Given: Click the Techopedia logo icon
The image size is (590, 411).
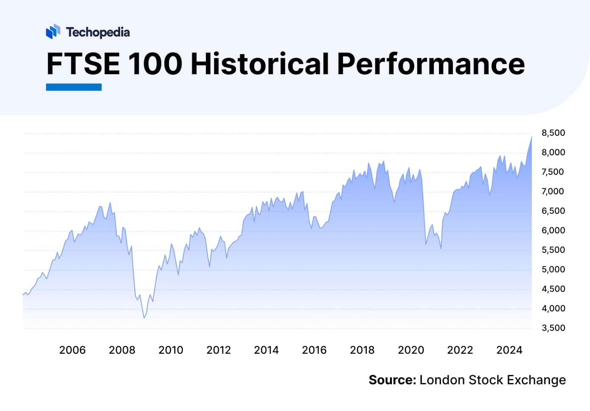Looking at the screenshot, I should (53, 32).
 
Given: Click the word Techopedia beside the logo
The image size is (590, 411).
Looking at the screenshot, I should (98, 32).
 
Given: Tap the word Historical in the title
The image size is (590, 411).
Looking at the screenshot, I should (260, 64).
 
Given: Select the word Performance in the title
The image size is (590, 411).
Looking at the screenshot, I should (431, 64).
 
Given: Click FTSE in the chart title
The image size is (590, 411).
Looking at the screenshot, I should (83, 64).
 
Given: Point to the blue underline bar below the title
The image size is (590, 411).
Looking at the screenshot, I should (74, 87).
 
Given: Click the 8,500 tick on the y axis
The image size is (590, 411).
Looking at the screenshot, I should (553, 133).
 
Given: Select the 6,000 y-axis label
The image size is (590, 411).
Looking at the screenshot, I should (553, 230).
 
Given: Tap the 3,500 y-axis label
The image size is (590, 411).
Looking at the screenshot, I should (553, 328).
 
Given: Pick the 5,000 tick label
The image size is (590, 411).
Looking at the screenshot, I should (553, 269).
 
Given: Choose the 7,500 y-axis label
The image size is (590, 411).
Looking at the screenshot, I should (553, 172).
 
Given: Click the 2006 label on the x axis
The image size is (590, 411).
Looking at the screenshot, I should (72, 350).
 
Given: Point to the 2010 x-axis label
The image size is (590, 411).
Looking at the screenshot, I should (171, 350).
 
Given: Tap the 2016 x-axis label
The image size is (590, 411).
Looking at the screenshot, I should (314, 350).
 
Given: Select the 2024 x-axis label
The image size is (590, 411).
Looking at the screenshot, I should (509, 350).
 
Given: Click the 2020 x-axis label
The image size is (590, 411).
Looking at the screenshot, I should (411, 350).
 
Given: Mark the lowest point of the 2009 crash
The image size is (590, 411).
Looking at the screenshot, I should (144, 318).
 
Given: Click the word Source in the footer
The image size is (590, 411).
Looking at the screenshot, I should (392, 380).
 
